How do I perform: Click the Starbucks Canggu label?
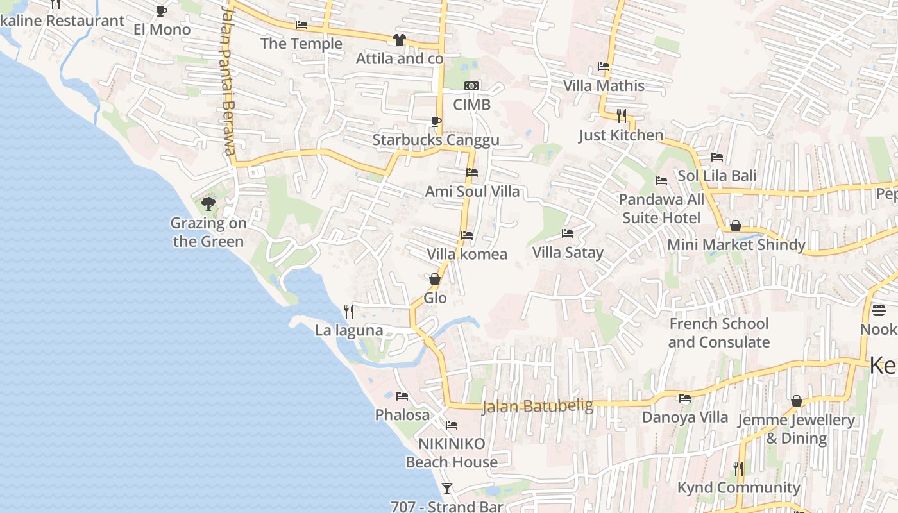pyautogui.click(x=436, y=140)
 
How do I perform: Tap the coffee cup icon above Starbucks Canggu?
pyautogui.click(x=436, y=121)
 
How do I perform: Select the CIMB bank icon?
pyautogui.click(x=471, y=86)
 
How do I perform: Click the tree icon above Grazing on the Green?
pyautogui.click(x=208, y=204)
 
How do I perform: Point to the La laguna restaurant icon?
pyautogui.click(x=349, y=312)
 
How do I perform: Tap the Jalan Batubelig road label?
pyautogui.click(x=528, y=406)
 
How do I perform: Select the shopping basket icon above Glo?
pyautogui.click(x=435, y=279)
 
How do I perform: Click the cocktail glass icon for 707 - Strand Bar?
pyautogui.click(x=447, y=488)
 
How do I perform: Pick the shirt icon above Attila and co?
pyautogui.click(x=400, y=40)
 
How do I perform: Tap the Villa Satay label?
pyautogui.click(x=568, y=252)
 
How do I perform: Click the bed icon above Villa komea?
pyautogui.click(x=467, y=235)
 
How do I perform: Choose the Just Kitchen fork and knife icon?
pyautogui.click(x=621, y=116)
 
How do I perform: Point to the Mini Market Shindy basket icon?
pyautogui.click(x=736, y=226)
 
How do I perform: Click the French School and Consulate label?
pyautogui.click(x=718, y=333)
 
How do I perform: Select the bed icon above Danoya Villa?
pyautogui.click(x=685, y=398)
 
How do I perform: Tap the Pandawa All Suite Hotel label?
pyautogui.click(x=661, y=208)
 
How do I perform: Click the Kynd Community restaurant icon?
pyautogui.click(x=738, y=469)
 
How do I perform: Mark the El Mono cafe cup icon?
pyautogui.click(x=162, y=11)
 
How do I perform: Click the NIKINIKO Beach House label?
pyautogui.click(x=452, y=453)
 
